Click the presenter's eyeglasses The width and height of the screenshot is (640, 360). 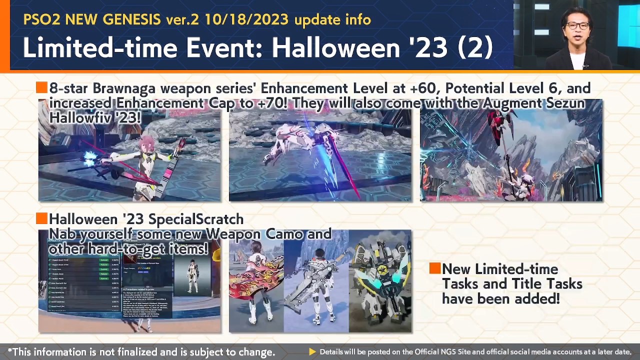coord(578,25)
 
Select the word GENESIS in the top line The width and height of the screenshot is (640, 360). coord(132,20)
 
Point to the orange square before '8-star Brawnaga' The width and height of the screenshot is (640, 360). coord(41,88)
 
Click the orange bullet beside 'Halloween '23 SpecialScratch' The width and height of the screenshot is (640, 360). coord(41,218)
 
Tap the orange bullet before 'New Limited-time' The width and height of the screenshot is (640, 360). coord(434,268)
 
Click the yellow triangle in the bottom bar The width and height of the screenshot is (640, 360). coord(312,351)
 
